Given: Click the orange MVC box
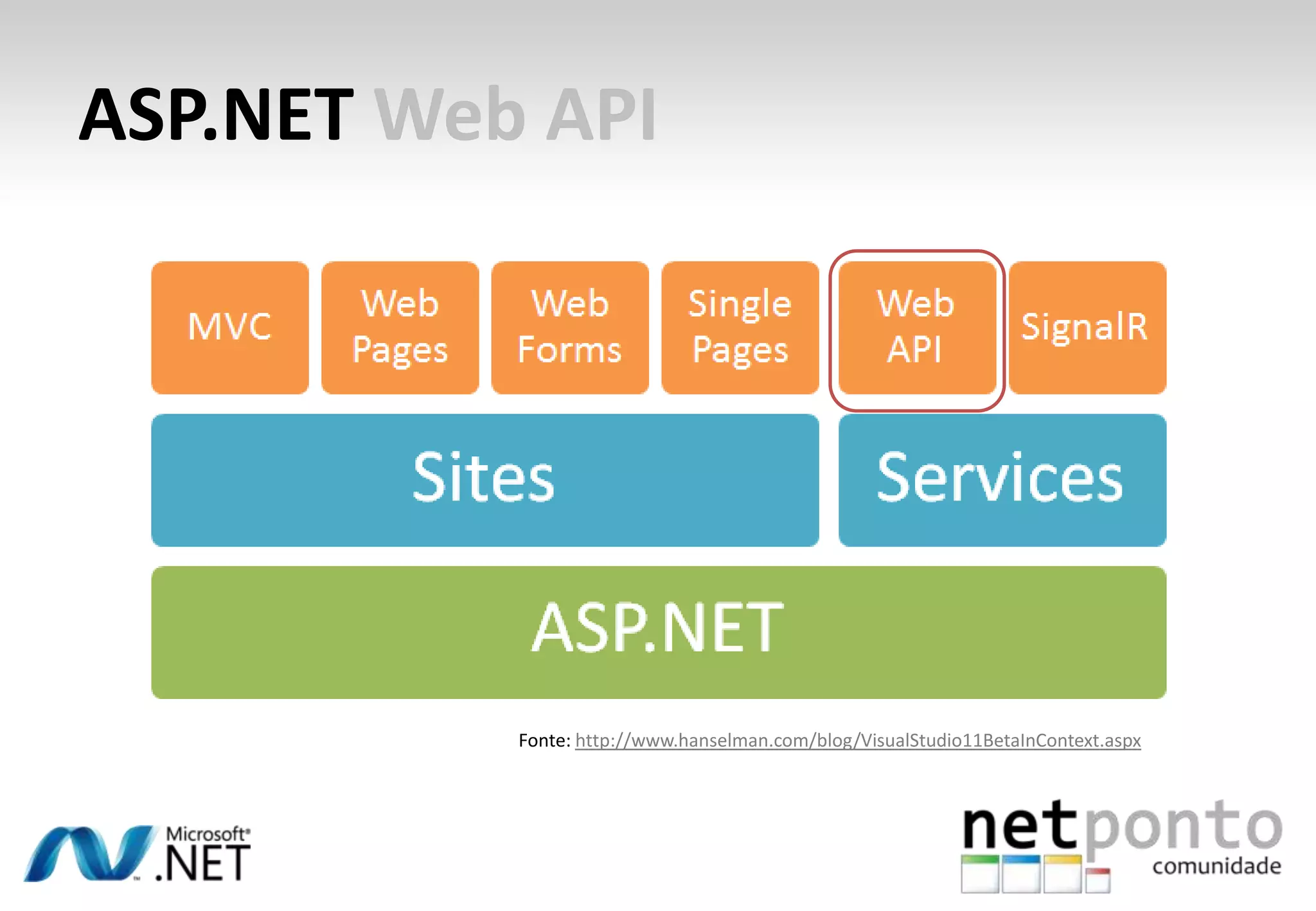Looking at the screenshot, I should coord(230,327).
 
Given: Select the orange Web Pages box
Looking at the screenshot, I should coord(400,327).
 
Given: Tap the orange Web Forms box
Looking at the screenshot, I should coord(570,327).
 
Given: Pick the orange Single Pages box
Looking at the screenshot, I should coord(740,327).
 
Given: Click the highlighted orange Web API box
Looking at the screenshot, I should coord(917,327).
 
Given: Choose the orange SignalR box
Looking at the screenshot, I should coord(1087,327).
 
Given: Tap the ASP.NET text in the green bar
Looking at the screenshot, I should coord(657,628).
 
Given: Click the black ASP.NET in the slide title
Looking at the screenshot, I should coord(217,116).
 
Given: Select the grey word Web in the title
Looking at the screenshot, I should coord(450,116).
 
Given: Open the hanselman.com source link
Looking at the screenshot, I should coord(857,741).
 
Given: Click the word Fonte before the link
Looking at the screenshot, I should coord(544,741).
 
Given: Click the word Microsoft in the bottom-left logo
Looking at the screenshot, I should coord(206,834).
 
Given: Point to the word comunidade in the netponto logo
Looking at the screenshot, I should coord(1216,866).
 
